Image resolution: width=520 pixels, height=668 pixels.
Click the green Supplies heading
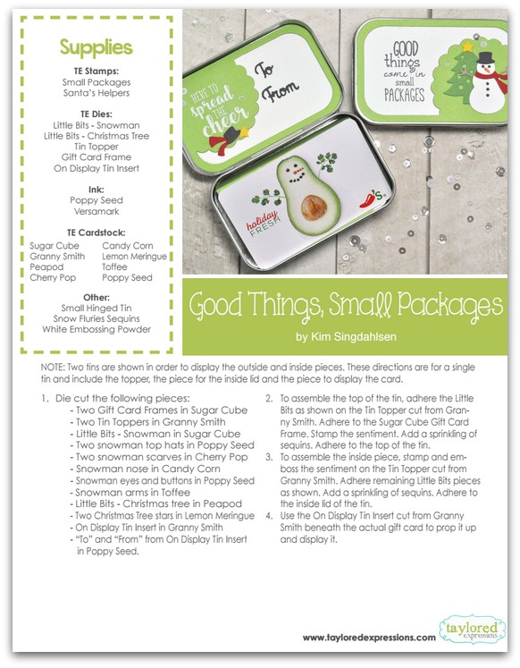[x=96, y=47]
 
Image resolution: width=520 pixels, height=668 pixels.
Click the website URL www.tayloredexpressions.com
[x=369, y=638]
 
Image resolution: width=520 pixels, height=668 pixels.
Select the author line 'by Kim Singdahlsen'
[x=346, y=337]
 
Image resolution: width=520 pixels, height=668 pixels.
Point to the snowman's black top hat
[x=484, y=58]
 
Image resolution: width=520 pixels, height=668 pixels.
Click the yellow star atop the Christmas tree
[x=467, y=46]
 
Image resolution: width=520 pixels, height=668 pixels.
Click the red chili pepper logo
[x=367, y=199]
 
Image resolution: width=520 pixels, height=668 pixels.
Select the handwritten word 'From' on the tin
[x=281, y=91]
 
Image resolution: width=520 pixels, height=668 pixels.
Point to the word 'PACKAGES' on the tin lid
[x=404, y=95]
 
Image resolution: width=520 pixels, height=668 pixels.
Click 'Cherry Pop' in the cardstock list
[x=53, y=278]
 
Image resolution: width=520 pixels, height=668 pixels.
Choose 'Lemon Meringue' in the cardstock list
[x=134, y=257]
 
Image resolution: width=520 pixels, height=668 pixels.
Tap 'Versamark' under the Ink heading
[x=96, y=211]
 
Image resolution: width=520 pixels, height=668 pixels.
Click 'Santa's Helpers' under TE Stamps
[x=96, y=93]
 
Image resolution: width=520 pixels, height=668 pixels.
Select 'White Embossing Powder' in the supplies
[x=96, y=329]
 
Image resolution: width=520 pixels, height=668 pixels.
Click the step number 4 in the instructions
[x=269, y=516]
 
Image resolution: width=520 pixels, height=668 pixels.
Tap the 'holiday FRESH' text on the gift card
[x=264, y=223]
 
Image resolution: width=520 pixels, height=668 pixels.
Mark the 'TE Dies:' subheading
[x=96, y=114]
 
